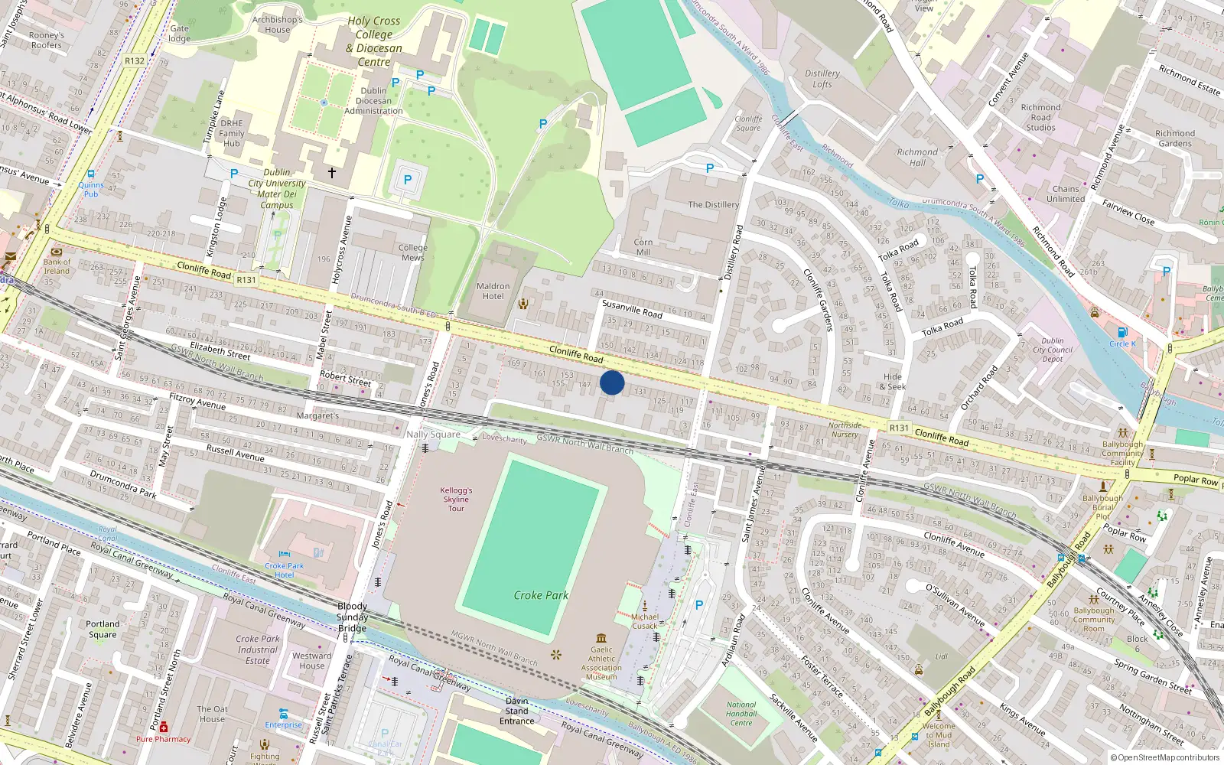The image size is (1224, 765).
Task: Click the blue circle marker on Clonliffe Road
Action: click(612, 382)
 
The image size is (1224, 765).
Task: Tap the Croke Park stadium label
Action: click(541, 595)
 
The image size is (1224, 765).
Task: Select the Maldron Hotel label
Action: click(493, 291)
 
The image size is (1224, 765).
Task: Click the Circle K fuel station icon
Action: click(1122, 332)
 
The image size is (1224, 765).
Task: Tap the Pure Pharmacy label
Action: click(163, 739)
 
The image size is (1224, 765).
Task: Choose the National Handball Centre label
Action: click(741, 714)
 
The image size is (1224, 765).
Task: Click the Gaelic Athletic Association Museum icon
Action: click(601, 638)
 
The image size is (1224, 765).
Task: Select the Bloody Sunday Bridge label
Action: click(352, 617)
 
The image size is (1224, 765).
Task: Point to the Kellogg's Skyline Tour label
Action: click(456, 499)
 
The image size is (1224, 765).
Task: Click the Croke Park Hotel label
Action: click(285, 570)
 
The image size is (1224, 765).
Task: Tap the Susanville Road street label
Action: click(632, 309)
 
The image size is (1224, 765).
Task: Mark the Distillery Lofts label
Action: click(822, 79)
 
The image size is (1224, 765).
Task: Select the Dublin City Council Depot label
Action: click(1053, 350)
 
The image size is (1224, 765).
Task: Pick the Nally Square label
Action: click(433, 435)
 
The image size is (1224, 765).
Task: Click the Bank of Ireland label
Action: click(57, 266)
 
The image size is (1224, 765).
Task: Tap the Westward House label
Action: click(312, 660)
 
